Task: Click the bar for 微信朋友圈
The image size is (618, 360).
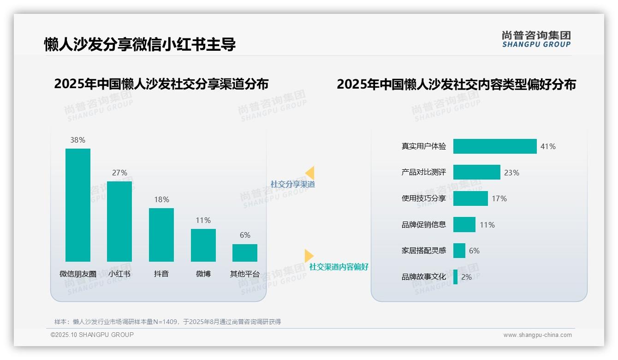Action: tap(78, 205)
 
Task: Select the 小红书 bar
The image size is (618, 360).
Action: tap(119, 222)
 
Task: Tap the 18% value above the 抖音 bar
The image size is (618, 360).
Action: tap(161, 199)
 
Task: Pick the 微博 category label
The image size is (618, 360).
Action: tap(203, 274)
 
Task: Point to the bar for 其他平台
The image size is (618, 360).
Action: tap(245, 253)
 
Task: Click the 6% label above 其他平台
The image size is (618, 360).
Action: tap(245, 235)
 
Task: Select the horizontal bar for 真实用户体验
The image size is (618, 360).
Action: tap(495, 146)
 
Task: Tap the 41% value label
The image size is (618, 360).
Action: tap(548, 146)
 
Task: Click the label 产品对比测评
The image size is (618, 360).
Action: tap(423, 172)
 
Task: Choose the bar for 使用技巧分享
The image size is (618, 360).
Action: tap(470, 198)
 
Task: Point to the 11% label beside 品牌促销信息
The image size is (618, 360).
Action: tap(487, 225)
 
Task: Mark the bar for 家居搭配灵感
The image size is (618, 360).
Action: tap(459, 251)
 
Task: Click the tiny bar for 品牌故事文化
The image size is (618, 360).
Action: tap(456, 277)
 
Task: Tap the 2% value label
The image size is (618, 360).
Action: tap(466, 277)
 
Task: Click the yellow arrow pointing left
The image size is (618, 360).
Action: tap(310, 173)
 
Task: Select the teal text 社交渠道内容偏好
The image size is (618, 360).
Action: tap(339, 267)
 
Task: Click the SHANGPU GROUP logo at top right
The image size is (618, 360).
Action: tap(536, 39)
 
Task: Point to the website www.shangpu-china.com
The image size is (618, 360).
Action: tap(537, 335)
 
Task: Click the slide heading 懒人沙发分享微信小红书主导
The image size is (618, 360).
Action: tap(140, 44)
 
